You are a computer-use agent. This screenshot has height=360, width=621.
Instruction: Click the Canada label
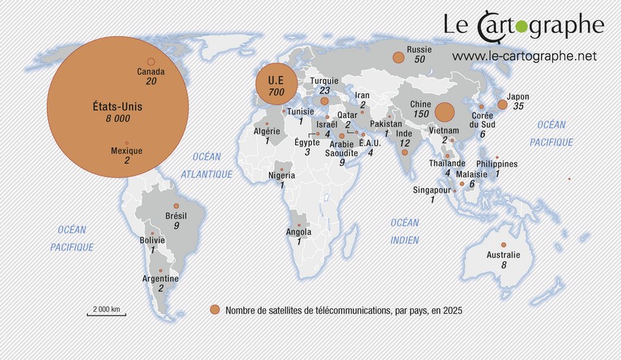tap(151, 72)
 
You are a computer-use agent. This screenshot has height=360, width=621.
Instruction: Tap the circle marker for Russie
tap(398, 57)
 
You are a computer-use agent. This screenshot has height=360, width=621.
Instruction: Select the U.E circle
tap(275, 84)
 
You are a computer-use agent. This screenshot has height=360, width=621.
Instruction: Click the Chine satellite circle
tap(443, 112)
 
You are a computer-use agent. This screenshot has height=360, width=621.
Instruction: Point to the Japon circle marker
tap(503, 104)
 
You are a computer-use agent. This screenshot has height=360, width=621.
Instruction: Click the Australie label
tap(503, 255)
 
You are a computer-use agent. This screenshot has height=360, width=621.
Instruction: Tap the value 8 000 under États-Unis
tap(118, 118)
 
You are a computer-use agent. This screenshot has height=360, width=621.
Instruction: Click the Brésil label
tap(177, 216)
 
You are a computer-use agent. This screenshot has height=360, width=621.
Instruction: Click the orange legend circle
tap(215, 310)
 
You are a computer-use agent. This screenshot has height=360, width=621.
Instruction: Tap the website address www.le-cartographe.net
tap(525, 55)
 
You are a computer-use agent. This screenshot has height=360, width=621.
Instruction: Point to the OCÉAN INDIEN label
tap(405, 231)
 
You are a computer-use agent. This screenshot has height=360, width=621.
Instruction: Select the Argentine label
tap(161, 279)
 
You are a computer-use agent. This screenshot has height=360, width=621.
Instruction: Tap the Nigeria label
tap(282, 175)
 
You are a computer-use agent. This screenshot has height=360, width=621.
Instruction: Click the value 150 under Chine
tap(421, 115)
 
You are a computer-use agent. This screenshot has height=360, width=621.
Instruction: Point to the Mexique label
tap(127, 151)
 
